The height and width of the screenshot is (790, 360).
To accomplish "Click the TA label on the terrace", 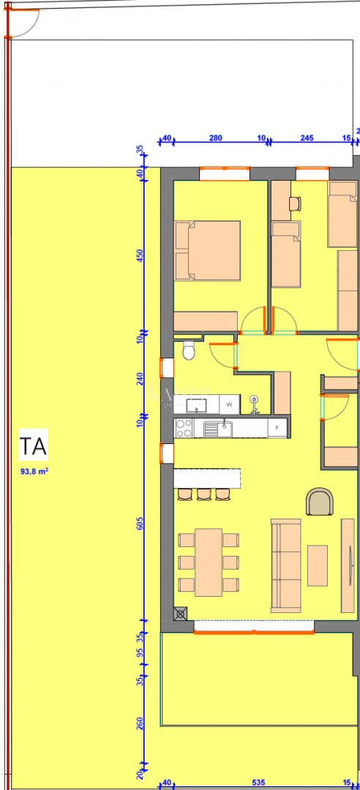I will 34,446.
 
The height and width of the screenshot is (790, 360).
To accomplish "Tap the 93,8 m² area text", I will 34,472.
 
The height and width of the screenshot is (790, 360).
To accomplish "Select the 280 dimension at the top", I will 216,138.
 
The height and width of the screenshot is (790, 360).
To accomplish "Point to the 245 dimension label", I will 307,138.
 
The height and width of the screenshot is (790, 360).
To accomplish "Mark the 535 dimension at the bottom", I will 258,782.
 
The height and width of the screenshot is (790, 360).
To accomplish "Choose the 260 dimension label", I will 140,724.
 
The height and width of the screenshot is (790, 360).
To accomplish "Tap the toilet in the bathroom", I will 189,350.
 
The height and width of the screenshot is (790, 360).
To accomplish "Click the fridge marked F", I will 277,427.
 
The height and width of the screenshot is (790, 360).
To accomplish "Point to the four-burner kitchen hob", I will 184,428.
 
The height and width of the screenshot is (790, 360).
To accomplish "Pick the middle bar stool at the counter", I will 203,494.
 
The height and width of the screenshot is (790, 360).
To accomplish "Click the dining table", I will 209,562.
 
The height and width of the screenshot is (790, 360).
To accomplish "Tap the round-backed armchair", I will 320,502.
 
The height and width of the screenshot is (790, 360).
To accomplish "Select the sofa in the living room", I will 285,565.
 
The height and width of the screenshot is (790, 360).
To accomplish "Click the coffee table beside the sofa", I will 318,565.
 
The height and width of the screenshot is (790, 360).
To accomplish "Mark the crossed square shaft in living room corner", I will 181,614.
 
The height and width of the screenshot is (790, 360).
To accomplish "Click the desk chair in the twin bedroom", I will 296,203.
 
